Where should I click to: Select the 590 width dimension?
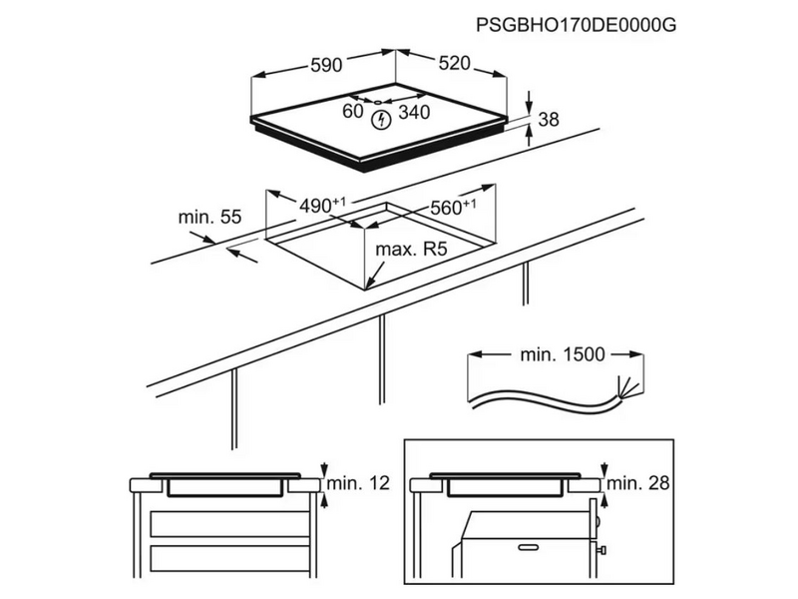coord(325,65)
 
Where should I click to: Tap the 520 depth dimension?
coord(453,64)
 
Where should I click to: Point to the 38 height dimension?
coord(548,120)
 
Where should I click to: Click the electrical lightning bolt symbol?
coord(379,122)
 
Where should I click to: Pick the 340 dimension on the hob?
coord(413,113)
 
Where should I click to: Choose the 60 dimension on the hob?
coord(352,112)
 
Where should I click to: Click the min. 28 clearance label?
coord(638,484)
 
